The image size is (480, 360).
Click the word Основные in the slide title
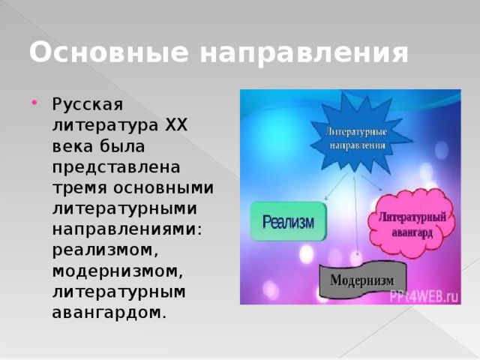coord(95,53)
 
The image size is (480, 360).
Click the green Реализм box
coord(288,221)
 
